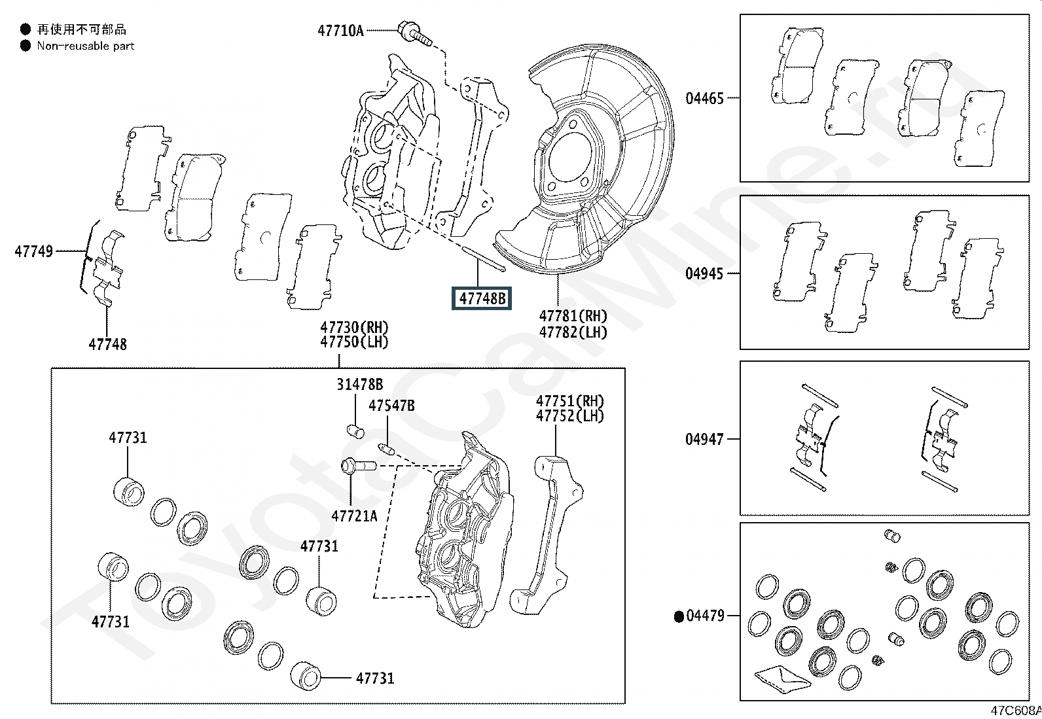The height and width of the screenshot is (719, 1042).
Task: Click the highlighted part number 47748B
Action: coord(482,298)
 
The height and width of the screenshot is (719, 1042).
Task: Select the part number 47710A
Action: coord(340,30)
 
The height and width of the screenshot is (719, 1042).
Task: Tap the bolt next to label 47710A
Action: coord(413,33)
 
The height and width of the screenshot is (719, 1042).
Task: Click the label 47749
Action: coord(34,251)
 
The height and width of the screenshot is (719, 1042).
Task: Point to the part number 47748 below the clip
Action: coord(108,344)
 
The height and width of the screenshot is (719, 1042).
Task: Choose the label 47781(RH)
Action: coord(573,317)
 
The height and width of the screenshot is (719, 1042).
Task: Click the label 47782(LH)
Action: coord(573,332)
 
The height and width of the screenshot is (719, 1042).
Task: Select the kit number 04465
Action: coord(704,99)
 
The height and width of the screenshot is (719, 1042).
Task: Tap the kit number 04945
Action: coord(704,273)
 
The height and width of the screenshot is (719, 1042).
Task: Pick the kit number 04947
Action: coord(704,439)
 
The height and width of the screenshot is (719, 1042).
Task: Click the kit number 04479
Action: coord(706,616)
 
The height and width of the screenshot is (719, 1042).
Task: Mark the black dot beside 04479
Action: coord(679,616)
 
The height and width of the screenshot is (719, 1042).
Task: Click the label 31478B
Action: coord(360,385)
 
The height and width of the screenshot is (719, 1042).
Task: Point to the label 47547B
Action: coord(391,406)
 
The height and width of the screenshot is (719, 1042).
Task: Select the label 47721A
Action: coord(354,516)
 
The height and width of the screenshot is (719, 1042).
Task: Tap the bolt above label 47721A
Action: coord(357,467)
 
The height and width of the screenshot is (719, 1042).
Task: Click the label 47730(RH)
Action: coord(354,327)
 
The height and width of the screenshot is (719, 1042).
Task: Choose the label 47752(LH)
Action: coord(570,416)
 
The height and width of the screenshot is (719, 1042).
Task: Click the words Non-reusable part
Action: coord(85,46)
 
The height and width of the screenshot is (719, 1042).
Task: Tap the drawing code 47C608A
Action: coord(1015,710)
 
